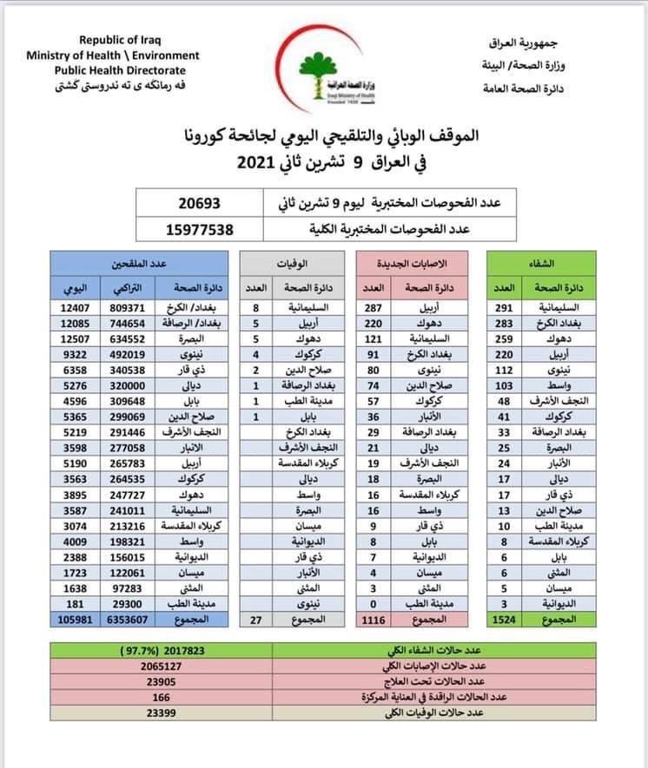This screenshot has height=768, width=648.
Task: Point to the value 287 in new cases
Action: [372, 307]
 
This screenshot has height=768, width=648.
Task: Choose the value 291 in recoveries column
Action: [504, 307]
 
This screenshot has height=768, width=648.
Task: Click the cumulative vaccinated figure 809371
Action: [129, 307]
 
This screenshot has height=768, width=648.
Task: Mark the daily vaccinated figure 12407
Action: [71, 307]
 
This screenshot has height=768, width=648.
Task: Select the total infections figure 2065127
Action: [162, 666]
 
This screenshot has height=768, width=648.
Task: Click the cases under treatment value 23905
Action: [162, 681]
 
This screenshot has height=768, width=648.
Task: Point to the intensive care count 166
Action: [162, 697]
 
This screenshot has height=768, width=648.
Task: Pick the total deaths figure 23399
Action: [162, 712]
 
